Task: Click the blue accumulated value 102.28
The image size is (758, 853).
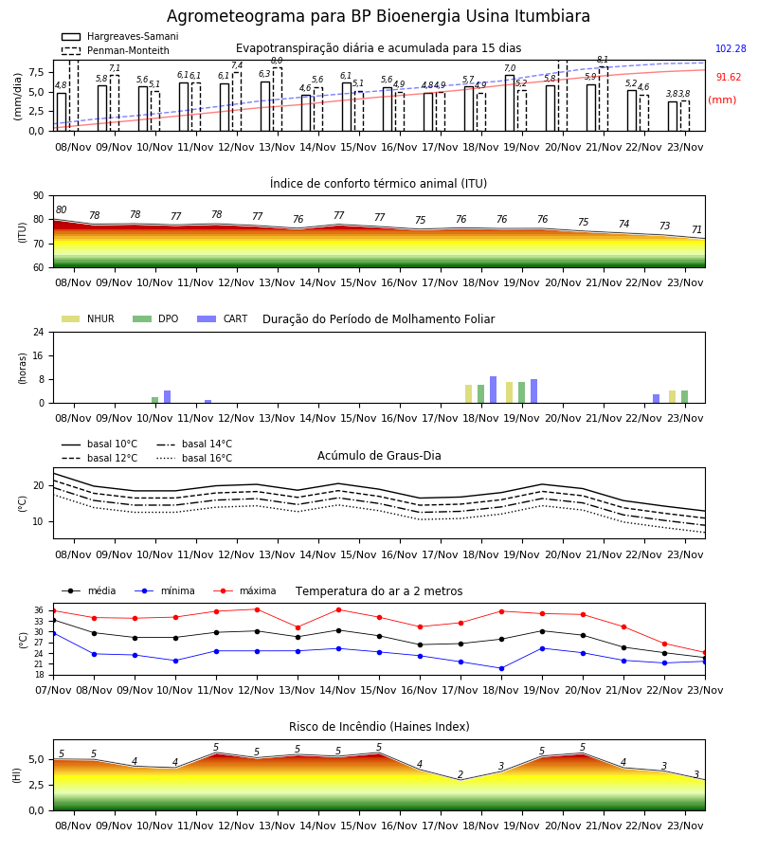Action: click(x=731, y=48)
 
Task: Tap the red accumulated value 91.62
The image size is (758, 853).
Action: click(x=728, y=78)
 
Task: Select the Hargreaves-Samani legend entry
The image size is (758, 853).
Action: click(x=120, y=36)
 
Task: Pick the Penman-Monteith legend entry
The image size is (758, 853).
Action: click(x=116, y=50)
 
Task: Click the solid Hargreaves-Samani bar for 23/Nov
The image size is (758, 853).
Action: click(x=673, y=116)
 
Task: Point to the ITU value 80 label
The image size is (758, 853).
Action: click(x=61, y=210)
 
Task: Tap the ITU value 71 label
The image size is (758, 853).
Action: click(x=696, y=229)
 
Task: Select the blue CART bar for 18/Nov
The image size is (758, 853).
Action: click(x=494, y=390)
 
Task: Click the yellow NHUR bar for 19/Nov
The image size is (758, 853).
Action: click(x=510, y=392)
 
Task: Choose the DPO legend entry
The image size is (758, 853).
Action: click(x=155, y=318)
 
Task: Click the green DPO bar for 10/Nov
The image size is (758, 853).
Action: click(x=155, y=400)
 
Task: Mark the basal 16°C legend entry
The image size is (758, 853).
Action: click(x=194, y=458)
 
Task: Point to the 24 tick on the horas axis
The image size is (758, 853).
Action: click(x=39, y=332)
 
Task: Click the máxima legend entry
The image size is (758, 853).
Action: click(x=244, y=590)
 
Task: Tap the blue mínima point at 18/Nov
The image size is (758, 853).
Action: click(x=501, y=668)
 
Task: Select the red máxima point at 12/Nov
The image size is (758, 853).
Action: click(x=257, y=609)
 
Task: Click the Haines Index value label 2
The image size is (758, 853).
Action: click(x=460, y=774)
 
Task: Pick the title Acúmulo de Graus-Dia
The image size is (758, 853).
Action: click(x=379, y=456)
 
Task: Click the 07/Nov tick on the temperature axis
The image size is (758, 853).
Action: click(x=53, y=690)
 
